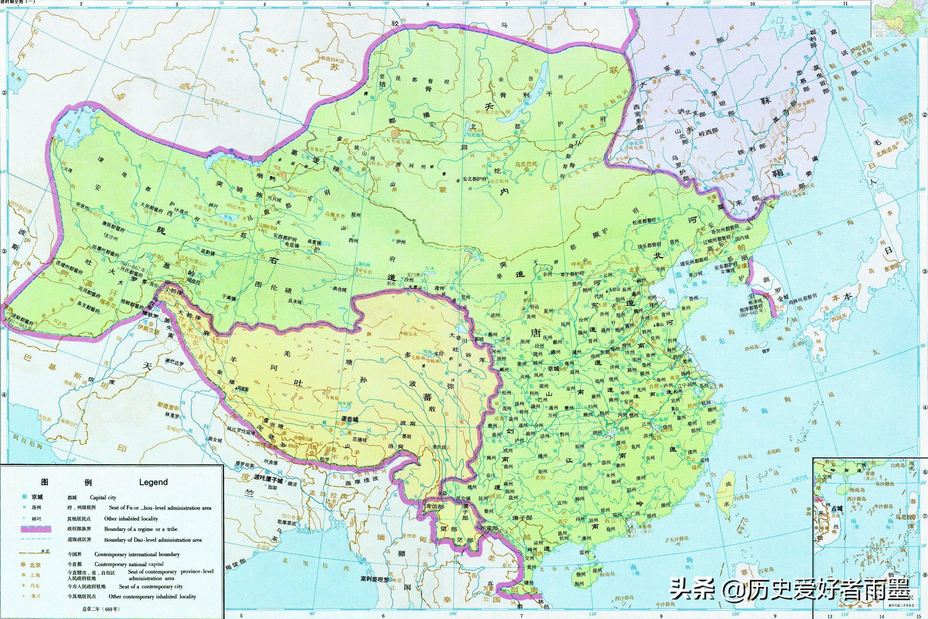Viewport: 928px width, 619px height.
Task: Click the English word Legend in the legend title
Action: click(153, 482)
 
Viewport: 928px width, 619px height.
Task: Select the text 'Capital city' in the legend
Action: click(103, 497)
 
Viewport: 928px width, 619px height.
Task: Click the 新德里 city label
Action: click(166, 405)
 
